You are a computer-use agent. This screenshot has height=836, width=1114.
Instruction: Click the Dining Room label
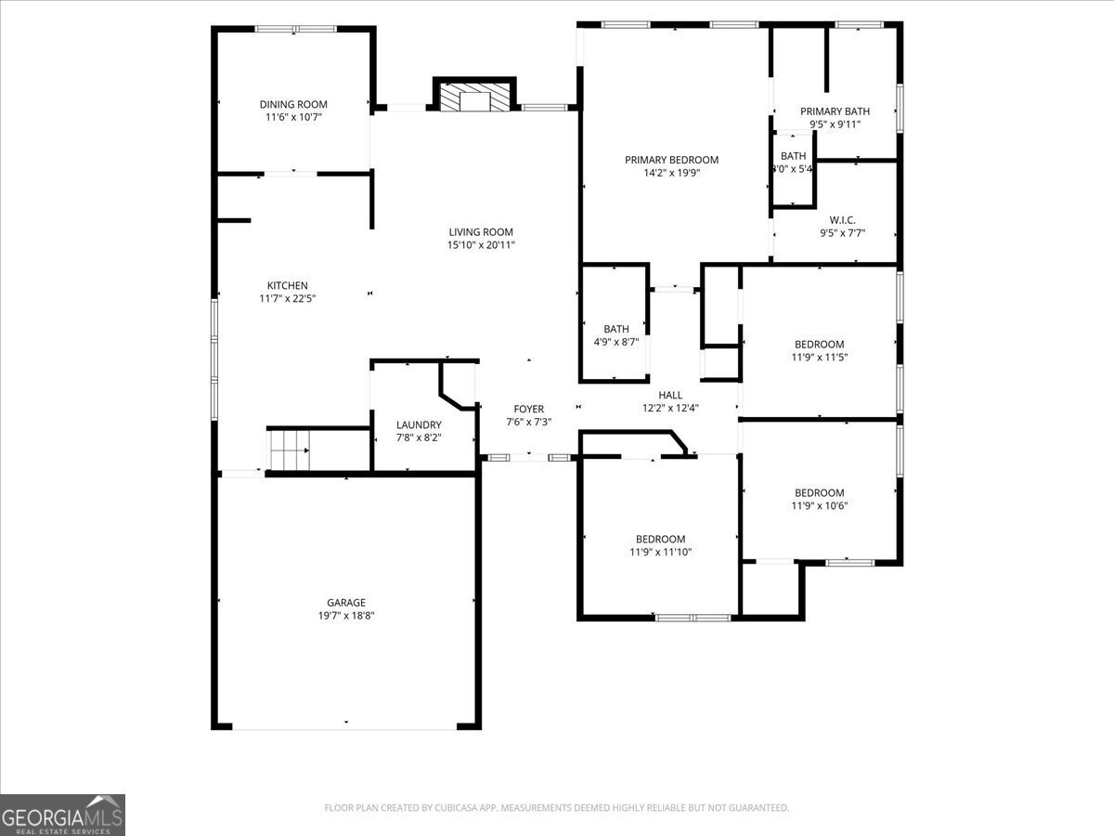pos(293,104)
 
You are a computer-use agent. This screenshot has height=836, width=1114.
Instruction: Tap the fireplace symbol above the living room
pos(474,98)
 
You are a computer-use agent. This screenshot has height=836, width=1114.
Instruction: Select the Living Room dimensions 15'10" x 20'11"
pos(481,245)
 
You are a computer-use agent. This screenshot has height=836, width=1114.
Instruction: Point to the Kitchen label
pos(288,285)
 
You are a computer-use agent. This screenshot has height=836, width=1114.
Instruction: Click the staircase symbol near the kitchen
pos(290,451)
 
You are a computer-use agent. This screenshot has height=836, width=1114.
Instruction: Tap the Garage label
pos(345,602)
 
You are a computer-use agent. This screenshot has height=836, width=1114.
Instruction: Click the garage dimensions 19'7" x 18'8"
pos(345,615)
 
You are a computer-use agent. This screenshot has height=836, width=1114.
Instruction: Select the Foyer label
pos(529,409)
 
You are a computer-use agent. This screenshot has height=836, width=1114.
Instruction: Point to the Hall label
pos(670,395)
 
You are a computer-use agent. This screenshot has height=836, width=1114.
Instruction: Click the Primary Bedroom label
pos(671,160)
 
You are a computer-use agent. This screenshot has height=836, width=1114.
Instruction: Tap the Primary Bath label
pos(835,111)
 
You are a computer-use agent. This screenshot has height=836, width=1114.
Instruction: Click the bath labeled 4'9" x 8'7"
pos(616,342)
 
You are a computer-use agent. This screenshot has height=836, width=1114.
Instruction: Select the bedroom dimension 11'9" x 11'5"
pos(819,357)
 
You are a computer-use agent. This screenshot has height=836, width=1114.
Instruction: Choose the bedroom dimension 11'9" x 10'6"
pos(819,506)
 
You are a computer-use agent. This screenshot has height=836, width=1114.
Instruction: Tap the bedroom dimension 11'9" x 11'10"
pos(660,552)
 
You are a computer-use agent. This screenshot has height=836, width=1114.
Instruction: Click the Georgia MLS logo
pos(62,815)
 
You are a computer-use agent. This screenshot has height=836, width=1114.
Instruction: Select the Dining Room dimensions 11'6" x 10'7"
pos(293,117)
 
